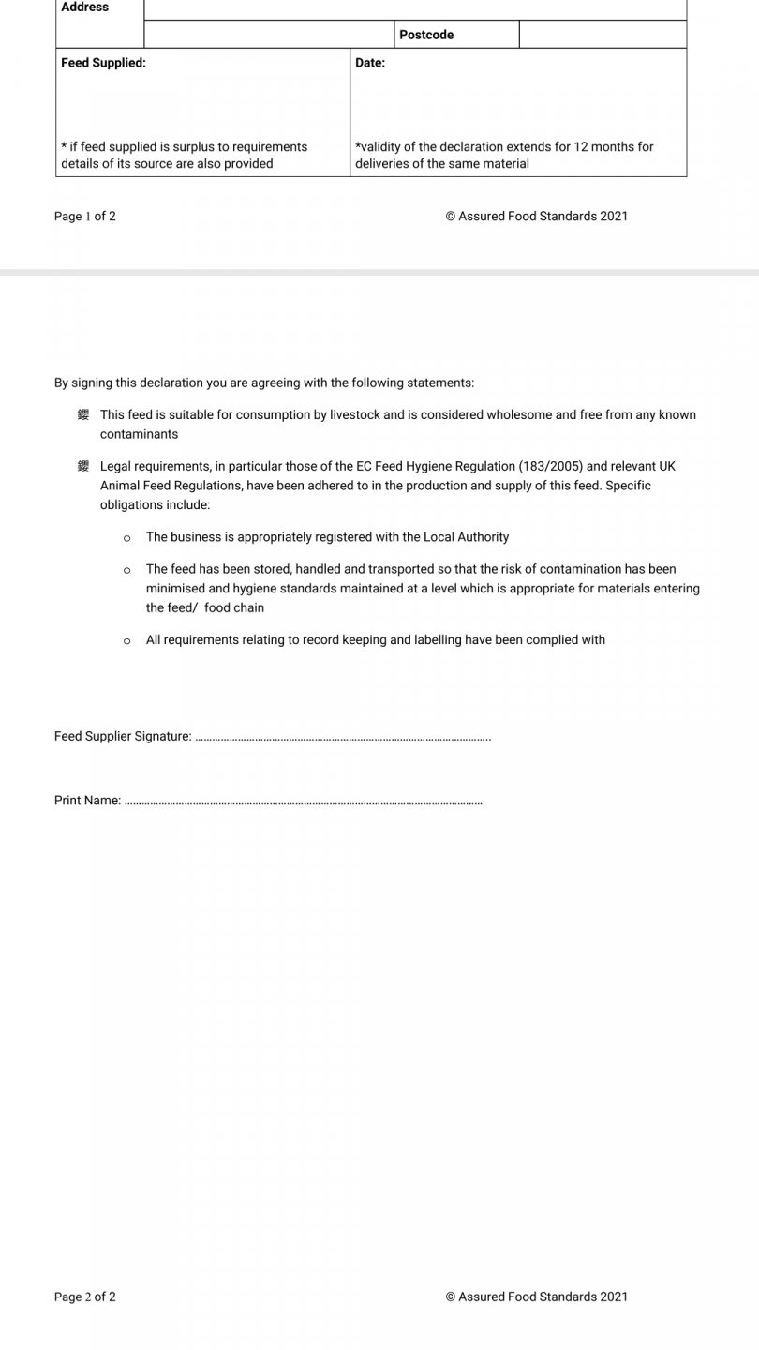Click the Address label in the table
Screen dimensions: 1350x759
85,7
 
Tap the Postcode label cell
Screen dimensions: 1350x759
426,35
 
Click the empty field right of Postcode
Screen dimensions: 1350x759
603,35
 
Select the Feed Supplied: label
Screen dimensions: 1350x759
103,63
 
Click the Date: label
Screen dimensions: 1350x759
370,63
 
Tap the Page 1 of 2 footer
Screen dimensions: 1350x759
85,217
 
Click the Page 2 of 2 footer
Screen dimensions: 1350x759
85,1297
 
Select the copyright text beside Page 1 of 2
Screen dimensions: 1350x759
537,217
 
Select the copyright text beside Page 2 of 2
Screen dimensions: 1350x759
537,1297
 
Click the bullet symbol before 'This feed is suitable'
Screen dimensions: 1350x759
83,414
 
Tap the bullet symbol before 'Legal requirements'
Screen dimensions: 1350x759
83,466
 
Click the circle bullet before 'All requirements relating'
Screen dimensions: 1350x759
126,641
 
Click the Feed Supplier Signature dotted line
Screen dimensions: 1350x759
343,738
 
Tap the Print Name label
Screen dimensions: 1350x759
87,801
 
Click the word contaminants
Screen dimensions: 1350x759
139,434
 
